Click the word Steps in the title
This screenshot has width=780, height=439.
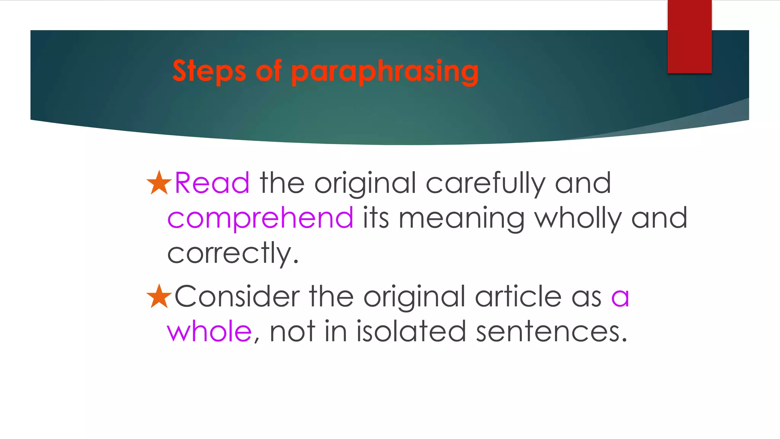click(x=209, y=71)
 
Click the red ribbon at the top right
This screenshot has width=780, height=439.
click(x=689, y=37)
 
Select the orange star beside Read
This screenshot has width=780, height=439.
click(x=159, y=183)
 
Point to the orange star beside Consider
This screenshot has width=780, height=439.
click(x=159, y=296)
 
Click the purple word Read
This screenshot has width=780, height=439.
click(x=212, y=183)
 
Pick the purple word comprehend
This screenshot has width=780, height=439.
click(x=261, y=218)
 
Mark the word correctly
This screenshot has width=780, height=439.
click(x=232, y=253)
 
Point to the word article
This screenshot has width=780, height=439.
click(x=518, y=296)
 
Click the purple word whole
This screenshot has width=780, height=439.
click(x=209, y=331)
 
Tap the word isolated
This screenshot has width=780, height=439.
click(x=411, y=331)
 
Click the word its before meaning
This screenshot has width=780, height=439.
click(x=376, y=218)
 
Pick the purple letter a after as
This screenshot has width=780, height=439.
click(x=620, y=297)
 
